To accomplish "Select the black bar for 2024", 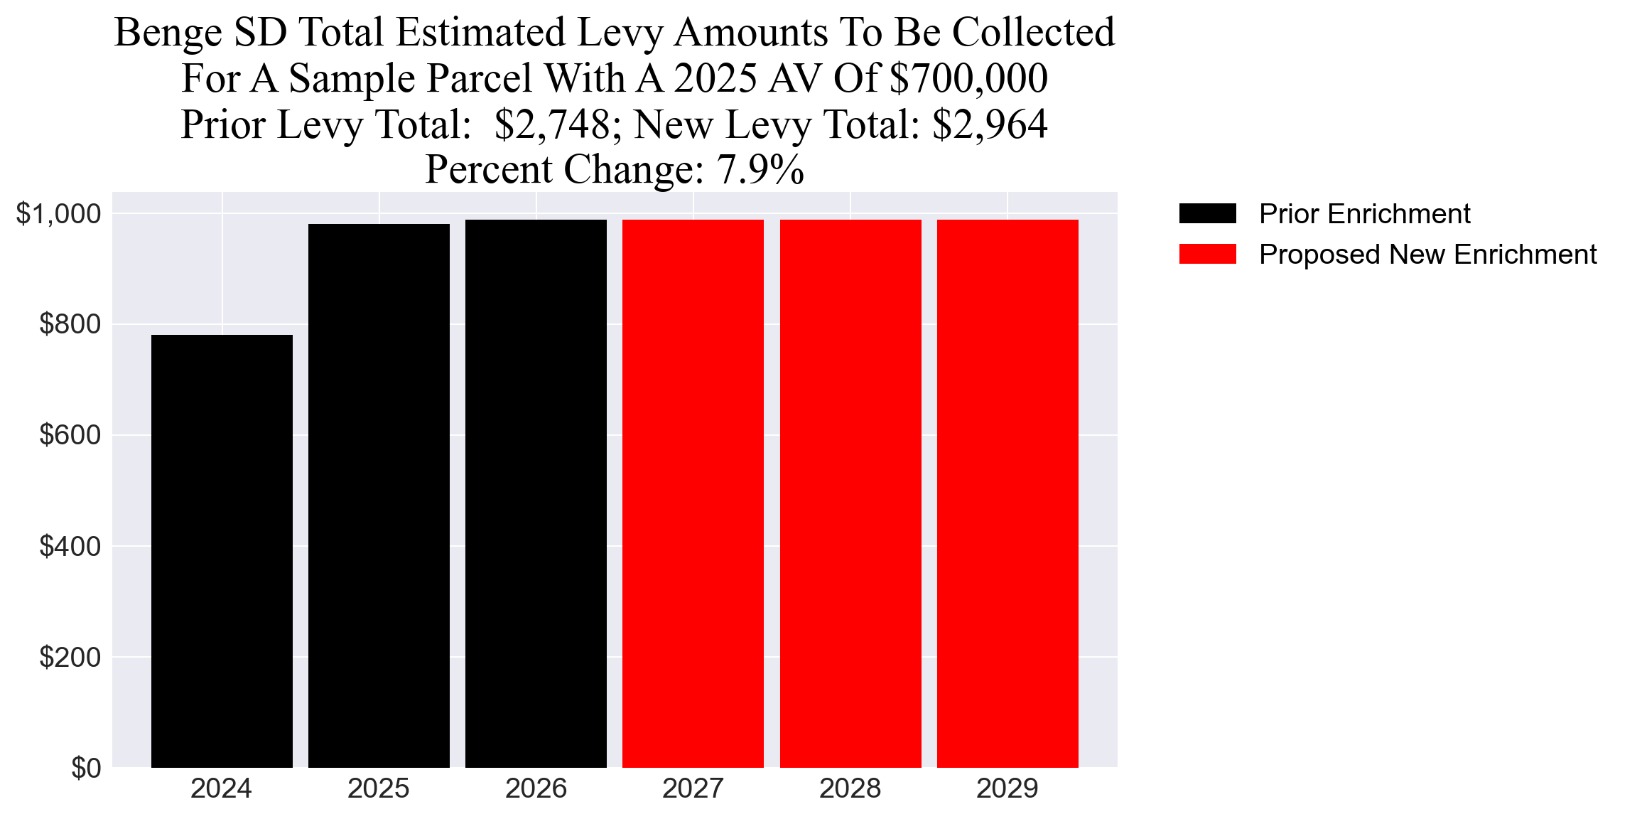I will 222,551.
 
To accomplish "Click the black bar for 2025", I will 379,496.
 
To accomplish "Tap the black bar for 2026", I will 536,493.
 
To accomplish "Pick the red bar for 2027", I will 693,493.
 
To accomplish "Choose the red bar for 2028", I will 850,493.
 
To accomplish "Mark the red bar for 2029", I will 1007,493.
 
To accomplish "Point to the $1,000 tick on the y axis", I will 58,213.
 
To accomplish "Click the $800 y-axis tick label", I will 70,324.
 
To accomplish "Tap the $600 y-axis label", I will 70,435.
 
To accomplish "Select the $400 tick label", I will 70,546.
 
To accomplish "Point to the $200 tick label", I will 70,657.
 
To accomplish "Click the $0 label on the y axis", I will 85,768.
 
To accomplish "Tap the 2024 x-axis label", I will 221,788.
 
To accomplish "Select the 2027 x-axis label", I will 693,788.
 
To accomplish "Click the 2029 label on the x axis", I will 1007,788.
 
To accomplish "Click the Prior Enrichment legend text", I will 1364,214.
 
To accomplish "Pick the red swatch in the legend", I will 1207,254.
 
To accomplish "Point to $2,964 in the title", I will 990,124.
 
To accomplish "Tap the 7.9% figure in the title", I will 760,170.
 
